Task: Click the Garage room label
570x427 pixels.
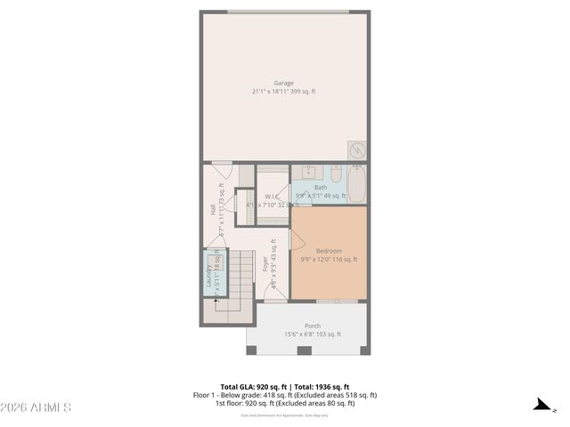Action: click(x=283, y=83)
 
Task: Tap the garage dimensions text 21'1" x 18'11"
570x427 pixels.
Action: click(x=283, y=92)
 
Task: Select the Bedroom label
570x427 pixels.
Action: click(x=329, y=251)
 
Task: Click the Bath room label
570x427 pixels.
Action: click(x=320, y=187)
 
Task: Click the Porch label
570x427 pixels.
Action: click(x=313, y=326)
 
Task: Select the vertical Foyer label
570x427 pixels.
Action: click(x=265, y=264)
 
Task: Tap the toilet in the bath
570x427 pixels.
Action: click(x=336, y=173)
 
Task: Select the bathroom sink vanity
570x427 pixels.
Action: click(x=307, y=173)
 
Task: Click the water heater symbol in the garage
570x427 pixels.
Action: click(x=357, y=149)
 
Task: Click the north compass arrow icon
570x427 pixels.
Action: click(x=541, y=406)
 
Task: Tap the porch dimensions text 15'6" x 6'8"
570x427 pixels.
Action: click(x=313, y=334)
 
